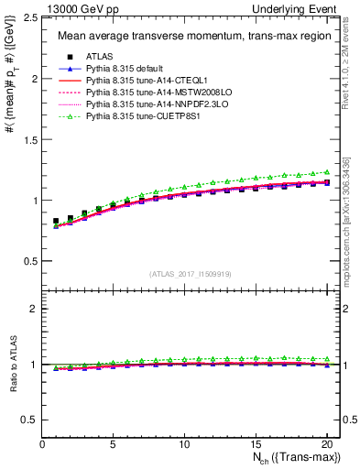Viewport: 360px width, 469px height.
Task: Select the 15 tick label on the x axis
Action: [x=256, y=445]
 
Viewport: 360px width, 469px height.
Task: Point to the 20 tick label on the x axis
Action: [x=326, y=445]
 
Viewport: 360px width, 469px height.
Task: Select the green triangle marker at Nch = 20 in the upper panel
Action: [x=326, y=171]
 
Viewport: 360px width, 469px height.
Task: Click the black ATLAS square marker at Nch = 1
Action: [x=56, y=221]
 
